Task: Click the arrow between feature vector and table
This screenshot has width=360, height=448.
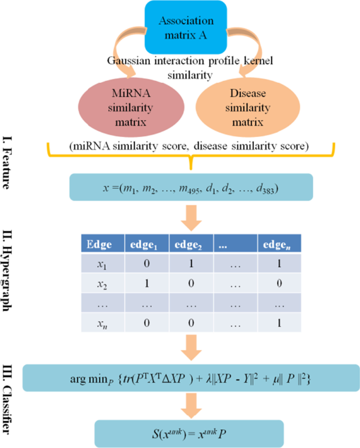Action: (x=191, y=216)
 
